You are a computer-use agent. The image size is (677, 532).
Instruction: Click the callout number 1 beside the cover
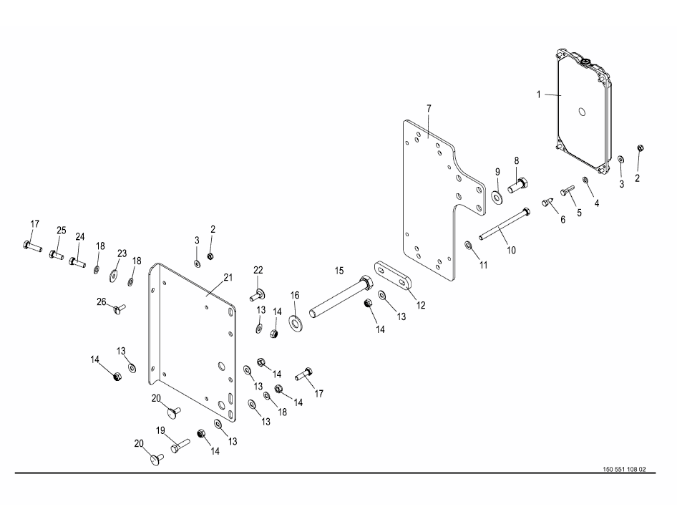click(538, 94)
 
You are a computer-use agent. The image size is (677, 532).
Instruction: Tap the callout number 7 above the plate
click(429, 108)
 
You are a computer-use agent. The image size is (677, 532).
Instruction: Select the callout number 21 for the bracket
click(228, 277)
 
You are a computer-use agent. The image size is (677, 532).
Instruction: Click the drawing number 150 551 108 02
click(624, 470)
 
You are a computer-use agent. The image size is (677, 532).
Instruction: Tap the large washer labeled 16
click(296, 322)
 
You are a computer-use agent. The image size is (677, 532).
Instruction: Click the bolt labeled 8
click(517, 185)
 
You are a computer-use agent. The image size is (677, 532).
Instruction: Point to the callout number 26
click(101, 302)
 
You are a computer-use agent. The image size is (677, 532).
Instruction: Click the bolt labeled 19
click(180, 446)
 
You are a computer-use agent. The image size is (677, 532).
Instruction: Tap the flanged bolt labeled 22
click(258, 296)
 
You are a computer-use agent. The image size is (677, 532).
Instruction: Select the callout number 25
click(62, 230)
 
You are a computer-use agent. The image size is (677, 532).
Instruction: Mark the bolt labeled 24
click(77, 261)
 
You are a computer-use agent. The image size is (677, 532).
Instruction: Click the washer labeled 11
click(468, 246)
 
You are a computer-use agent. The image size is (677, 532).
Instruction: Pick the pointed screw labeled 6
click(548, 202)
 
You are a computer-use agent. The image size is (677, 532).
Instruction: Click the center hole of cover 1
click(582, 112)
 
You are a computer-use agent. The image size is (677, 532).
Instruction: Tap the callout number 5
click(580, 213)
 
